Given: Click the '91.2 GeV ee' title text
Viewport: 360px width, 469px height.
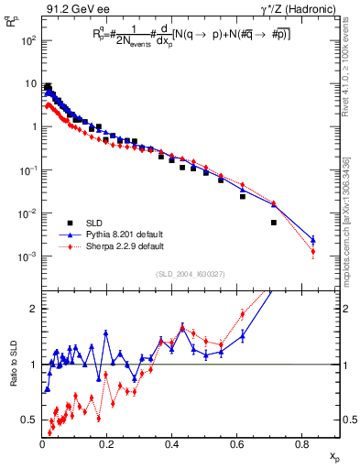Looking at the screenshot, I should tap(74, 9).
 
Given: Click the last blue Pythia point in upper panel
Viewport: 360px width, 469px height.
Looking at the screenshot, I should tap(313, 239).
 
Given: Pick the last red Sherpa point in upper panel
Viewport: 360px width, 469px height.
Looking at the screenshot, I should tap(313, 251).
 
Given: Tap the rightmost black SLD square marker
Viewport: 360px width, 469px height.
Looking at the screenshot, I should tap(274, 223).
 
